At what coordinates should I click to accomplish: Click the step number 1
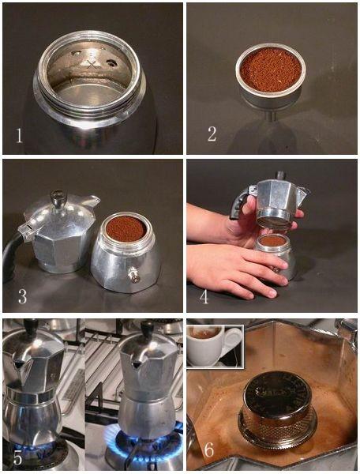pos(19,135)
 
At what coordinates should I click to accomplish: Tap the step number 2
pos(212,134)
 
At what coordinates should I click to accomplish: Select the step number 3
pos(23,296)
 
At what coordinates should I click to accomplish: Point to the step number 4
pos(204,296)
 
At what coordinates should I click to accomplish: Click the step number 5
pos(18,458)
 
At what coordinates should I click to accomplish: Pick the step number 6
pos(209,450)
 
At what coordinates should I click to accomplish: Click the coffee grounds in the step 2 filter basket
pos(271,70)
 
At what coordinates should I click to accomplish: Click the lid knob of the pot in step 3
pos(58,199)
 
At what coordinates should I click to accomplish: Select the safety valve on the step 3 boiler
pos(133,275)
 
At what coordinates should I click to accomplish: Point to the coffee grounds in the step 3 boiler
pos(126,228)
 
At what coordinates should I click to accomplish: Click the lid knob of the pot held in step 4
pos(280,175)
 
